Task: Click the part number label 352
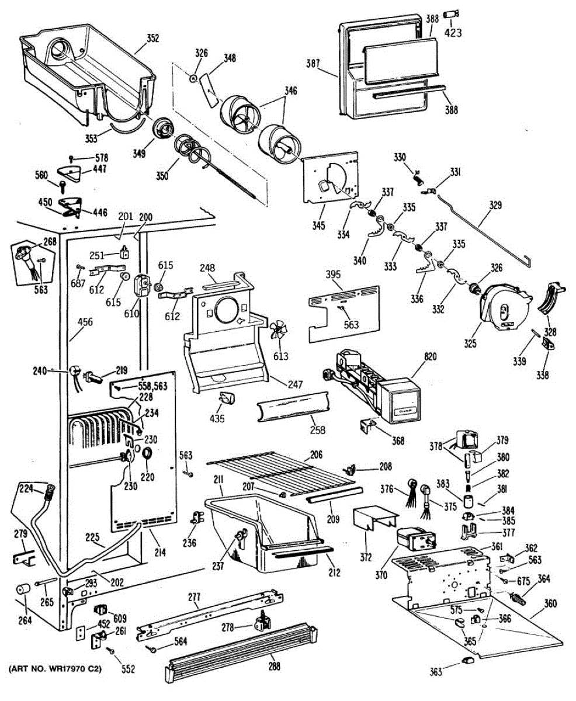(152, 39)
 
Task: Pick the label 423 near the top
(453, 33)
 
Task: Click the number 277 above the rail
(195, 597)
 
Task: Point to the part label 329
(495, 206)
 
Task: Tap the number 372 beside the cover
(366, 557)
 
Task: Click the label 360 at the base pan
(550, 603)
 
